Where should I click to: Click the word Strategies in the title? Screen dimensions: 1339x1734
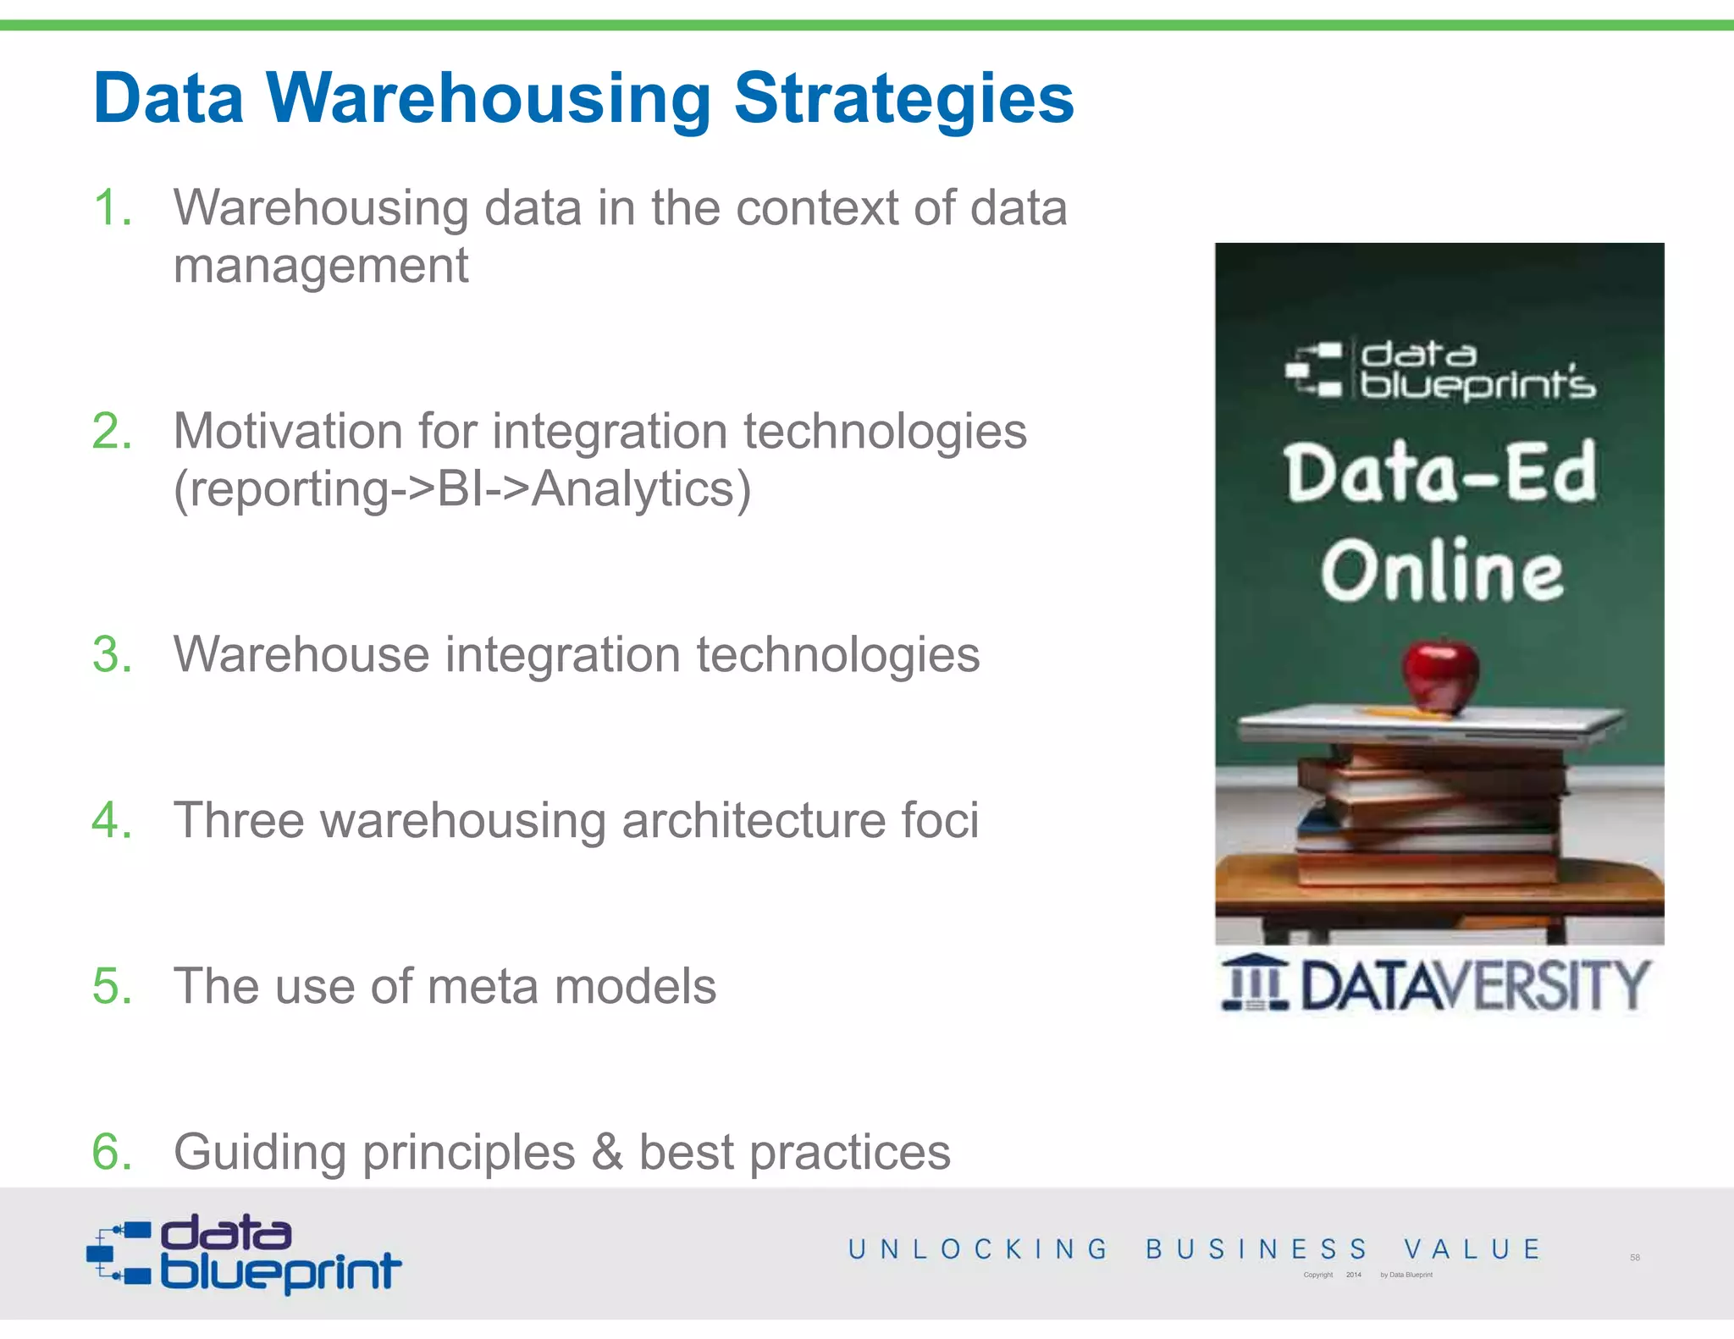click(x=903, y=100)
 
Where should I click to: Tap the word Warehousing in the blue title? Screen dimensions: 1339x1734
click(x=489, y=100)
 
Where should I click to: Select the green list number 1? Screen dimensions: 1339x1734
click(x=113, y=208)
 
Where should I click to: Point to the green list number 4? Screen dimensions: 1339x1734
click(x=113, y=820)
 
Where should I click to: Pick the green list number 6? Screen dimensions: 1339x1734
click(x=113, y=1152)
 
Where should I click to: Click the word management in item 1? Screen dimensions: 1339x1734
click(x=321, y=267)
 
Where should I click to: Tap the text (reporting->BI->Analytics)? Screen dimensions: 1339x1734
click(x=462, y=489)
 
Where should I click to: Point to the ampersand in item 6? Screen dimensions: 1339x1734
click(x=606, y=1152)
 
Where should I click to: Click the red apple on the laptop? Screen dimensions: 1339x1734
click(x=1439, y=675)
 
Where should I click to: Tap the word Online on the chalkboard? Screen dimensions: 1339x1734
click(x=1442, y=572)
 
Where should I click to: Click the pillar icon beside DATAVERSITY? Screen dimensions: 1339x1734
click(x=1255, y=984)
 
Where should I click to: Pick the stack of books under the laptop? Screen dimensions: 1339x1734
click(x=1431, y=817)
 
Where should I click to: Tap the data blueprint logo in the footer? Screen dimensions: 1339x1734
click(x=244, y=1254)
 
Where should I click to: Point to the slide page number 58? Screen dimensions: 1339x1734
click(x=1635, y=1258)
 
